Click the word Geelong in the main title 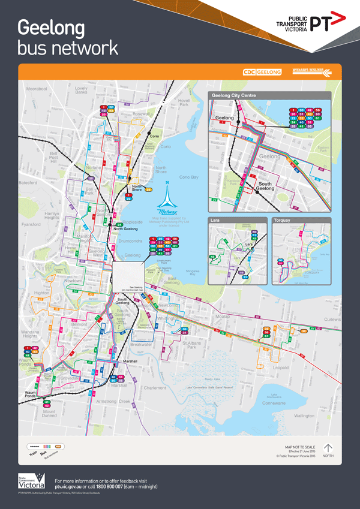52,28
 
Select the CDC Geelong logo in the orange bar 262,73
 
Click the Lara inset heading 215,221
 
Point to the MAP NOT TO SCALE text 299,447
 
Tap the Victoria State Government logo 31,482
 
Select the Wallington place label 304,415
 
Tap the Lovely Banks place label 81,91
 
